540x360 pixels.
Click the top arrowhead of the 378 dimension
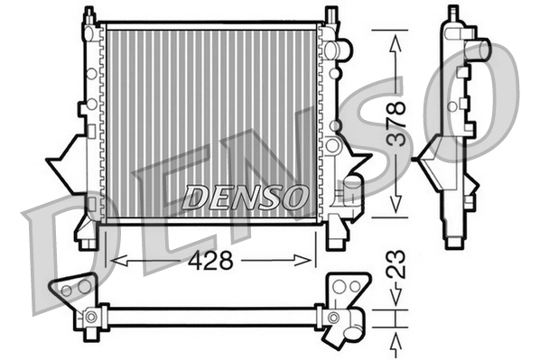(x=395, y=38)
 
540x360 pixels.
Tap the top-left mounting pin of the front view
(x=88, y=16)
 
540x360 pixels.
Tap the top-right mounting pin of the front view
(x=331, y=16)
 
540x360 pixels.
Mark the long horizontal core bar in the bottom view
(x=212, y=317)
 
